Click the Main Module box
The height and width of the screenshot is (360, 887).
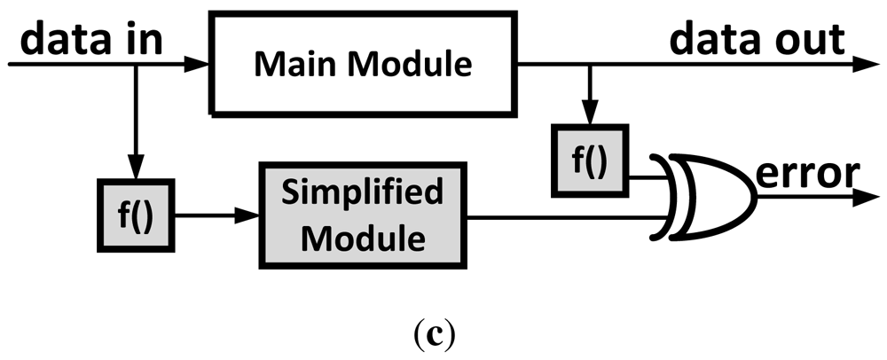coord(364,64)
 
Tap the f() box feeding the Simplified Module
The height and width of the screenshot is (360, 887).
coord(135,215)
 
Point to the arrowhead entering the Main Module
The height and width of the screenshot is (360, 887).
coord(200,65)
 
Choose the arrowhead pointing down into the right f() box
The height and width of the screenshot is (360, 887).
coord(586,121)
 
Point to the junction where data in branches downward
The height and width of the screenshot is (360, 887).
coord(135,65)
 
